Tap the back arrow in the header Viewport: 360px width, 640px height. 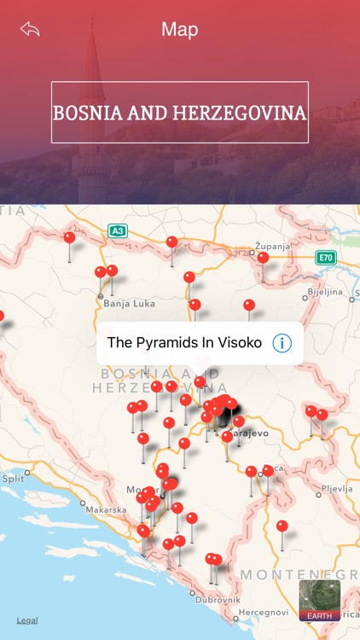click(30, 30)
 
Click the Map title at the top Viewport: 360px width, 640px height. click(180, 30)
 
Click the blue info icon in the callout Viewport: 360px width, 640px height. click(282, 343)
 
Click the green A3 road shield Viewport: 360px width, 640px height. click(117, 230)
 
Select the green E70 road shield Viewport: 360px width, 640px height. click(324, 258)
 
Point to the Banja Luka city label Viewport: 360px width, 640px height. click(127, 303)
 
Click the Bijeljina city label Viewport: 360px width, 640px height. click(324, 291)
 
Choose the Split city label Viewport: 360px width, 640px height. click(13, 480)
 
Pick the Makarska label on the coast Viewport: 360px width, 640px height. click(107, 509)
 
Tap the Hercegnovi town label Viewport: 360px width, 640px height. click(264, 613)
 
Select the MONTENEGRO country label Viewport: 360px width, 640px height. click(299, 574)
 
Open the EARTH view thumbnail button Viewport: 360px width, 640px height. click(320, 600)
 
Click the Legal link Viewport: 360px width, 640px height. click(27, 620)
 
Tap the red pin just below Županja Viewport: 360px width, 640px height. click(263, 258)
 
